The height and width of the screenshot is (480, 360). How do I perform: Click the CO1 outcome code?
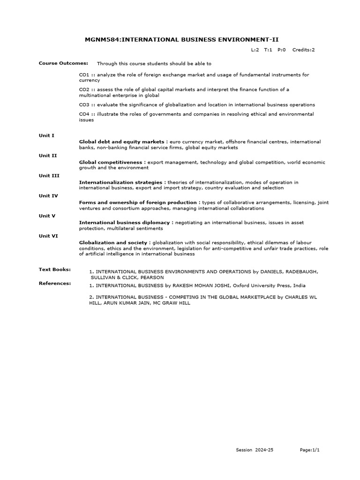84,75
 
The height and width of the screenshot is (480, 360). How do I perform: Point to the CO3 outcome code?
84,105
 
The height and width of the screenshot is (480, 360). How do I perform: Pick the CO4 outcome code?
84,114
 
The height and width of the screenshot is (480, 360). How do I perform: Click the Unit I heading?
46,135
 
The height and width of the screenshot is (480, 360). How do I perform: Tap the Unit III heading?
49,175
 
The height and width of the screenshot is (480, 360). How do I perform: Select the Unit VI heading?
48,236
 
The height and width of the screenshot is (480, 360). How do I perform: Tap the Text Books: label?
55,269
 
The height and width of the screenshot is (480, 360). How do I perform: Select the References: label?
55,283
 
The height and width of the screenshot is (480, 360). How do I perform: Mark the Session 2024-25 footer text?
255,450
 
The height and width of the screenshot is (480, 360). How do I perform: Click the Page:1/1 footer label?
310,450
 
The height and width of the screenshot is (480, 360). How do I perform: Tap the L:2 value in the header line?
255,50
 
